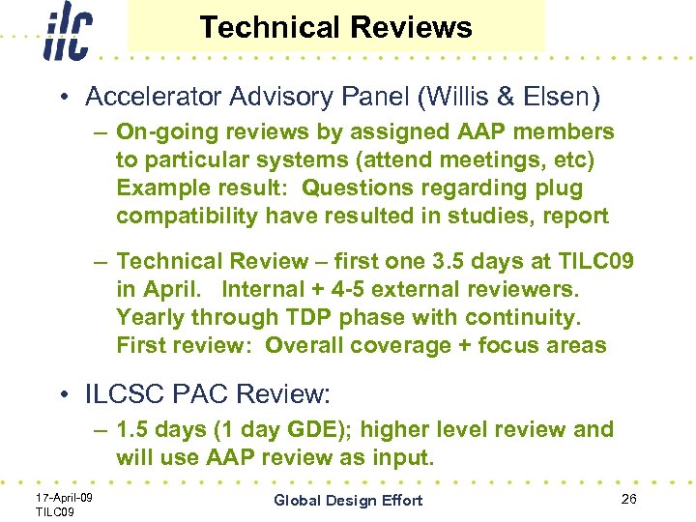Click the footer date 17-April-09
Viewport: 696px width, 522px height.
click(x=64, y=497)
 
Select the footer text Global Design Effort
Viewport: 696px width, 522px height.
click(x=348, y=500)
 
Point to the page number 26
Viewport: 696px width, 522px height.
click(x=629, y=499)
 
